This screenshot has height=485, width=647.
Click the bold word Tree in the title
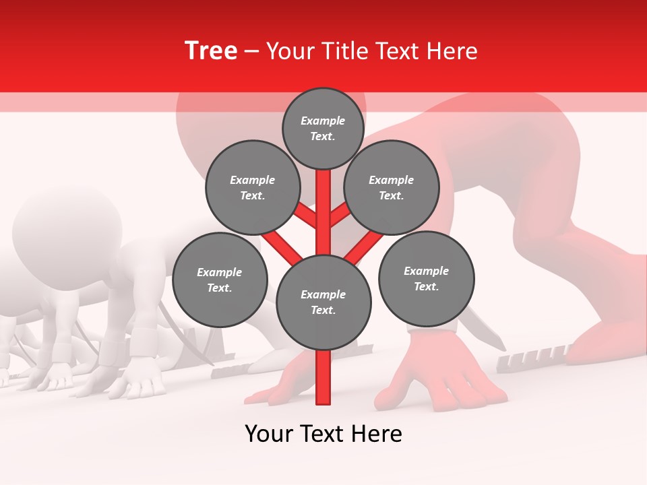point(211,51)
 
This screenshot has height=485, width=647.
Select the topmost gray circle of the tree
point(323,128)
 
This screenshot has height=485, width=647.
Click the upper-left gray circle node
point(252,187)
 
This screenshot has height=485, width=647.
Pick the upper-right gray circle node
point(391,187)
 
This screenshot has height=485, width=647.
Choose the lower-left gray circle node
point(219,280)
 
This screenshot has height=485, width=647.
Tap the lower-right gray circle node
point(426,278)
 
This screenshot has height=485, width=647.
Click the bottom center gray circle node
point(323,302)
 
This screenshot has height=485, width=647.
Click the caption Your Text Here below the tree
point(323,434)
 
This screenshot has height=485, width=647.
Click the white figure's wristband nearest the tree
point(144,342)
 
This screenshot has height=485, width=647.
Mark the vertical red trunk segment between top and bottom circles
point(323,212)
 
